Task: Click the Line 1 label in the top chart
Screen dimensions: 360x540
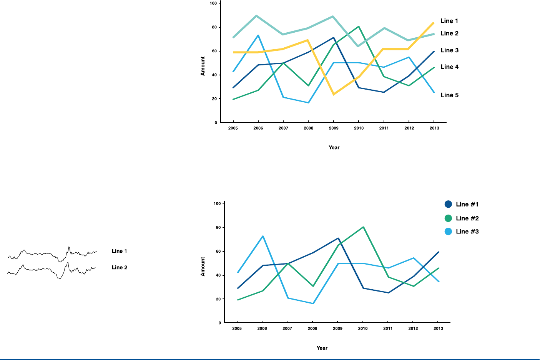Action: click(449, 21)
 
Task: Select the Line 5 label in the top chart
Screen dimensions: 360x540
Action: click(449, 95)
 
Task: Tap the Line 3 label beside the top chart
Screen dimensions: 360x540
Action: click(449, 50)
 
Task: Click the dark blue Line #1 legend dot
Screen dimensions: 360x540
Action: click(448, 204)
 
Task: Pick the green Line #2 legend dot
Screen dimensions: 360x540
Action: click(448, 218)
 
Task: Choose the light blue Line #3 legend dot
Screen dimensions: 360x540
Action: click(448, 232)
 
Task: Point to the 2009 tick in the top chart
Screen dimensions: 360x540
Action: click(334, 128)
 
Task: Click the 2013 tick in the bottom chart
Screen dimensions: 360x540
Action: click(438, 328)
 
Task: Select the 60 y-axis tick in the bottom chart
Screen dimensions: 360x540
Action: click(218, 252)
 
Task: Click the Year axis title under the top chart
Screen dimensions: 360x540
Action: click(334, 148)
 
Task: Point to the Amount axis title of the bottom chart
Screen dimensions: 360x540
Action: click(203, 267)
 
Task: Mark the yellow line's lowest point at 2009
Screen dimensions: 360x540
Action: click(333, 94)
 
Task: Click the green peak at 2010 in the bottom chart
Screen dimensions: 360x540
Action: click(363, 227)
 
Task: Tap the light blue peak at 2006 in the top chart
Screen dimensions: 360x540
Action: click(258, 35)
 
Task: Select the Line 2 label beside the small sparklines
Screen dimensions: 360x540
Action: click(120, 268)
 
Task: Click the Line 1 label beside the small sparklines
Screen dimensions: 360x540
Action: click(120, 251)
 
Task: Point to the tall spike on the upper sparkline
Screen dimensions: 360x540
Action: click(69, 247)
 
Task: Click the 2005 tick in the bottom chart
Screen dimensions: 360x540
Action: click(237, 328)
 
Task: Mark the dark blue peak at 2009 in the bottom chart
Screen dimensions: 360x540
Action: click(338, 238)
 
